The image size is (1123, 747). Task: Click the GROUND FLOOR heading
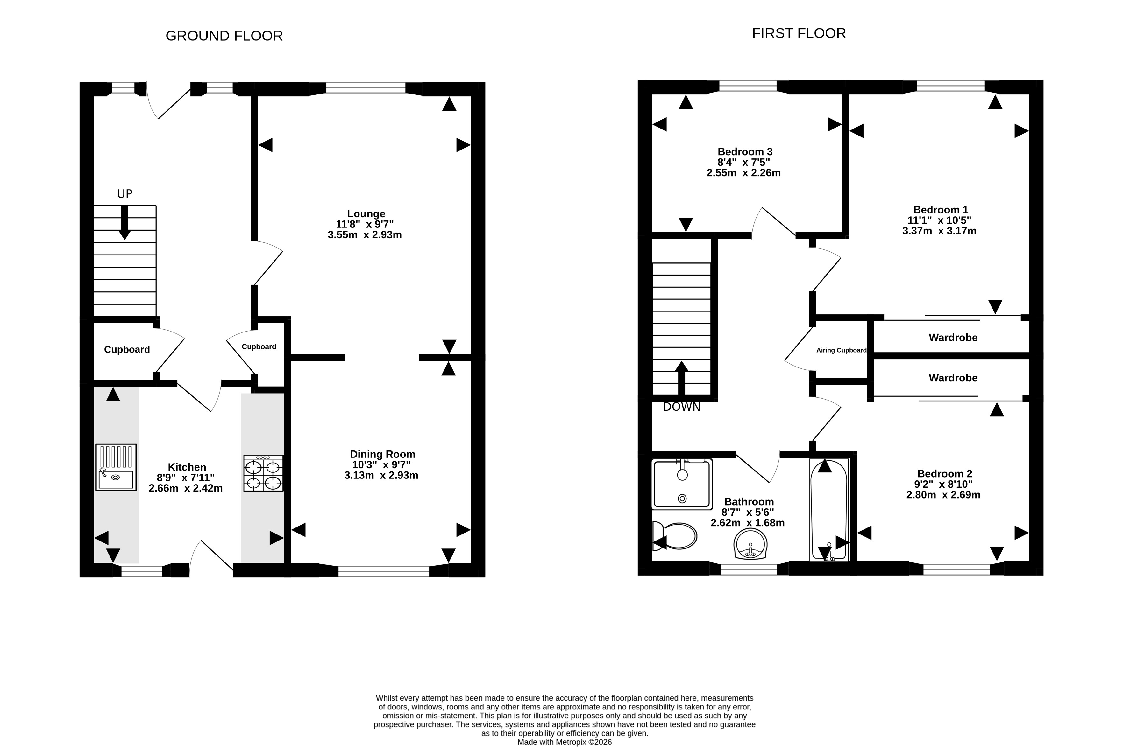(x=224, y=36)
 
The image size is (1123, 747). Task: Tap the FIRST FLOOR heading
(x=799, y=33)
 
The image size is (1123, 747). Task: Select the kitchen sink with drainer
(x=116, y=467)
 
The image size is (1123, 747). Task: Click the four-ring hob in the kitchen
(x=263, y=473)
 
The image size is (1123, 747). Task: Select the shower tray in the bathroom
(x=682, y=484)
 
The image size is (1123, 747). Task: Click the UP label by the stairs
(x=125, y=194)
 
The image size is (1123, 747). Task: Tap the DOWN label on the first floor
(x=682, y=407)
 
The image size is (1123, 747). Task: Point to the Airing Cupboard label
(x=841, y=350)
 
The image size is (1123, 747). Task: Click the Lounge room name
(x=366, y=214)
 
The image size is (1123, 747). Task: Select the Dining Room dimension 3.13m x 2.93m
(x=381, y=475)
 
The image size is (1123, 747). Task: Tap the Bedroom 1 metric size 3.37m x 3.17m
(x=939, y=231)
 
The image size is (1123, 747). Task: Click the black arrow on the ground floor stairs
(x=124, y=222)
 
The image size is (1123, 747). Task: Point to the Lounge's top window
(x=366, y=88)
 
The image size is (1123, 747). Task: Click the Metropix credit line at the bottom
(x=564, y=742)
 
